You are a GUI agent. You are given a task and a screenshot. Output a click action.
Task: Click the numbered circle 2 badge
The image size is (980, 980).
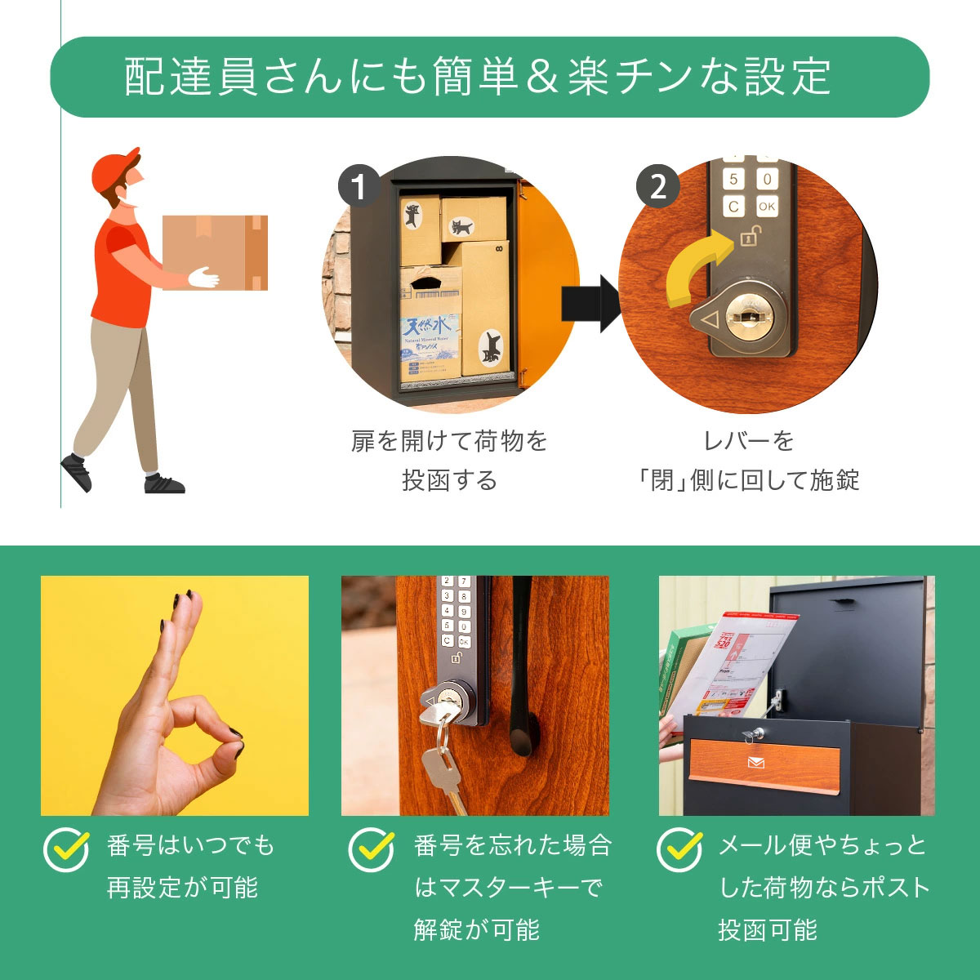(x=657, y=187)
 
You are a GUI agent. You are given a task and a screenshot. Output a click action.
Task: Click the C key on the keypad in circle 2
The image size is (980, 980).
(x=733, y=207)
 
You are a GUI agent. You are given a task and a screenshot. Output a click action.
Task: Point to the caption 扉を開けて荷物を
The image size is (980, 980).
(x=449, y=441)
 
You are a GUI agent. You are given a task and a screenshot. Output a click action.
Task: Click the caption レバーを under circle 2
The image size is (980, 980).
(x=748, y=441)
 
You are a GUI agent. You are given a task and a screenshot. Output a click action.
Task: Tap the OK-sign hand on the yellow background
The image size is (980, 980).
(x=176, y=719)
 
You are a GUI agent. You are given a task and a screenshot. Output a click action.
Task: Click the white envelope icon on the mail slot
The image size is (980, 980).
(x=756, y=763)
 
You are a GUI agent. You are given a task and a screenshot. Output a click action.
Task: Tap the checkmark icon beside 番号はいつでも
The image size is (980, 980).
(x=66, y=849)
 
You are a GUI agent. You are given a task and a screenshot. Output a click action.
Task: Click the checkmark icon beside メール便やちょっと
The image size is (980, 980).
(x=679, y=849)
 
